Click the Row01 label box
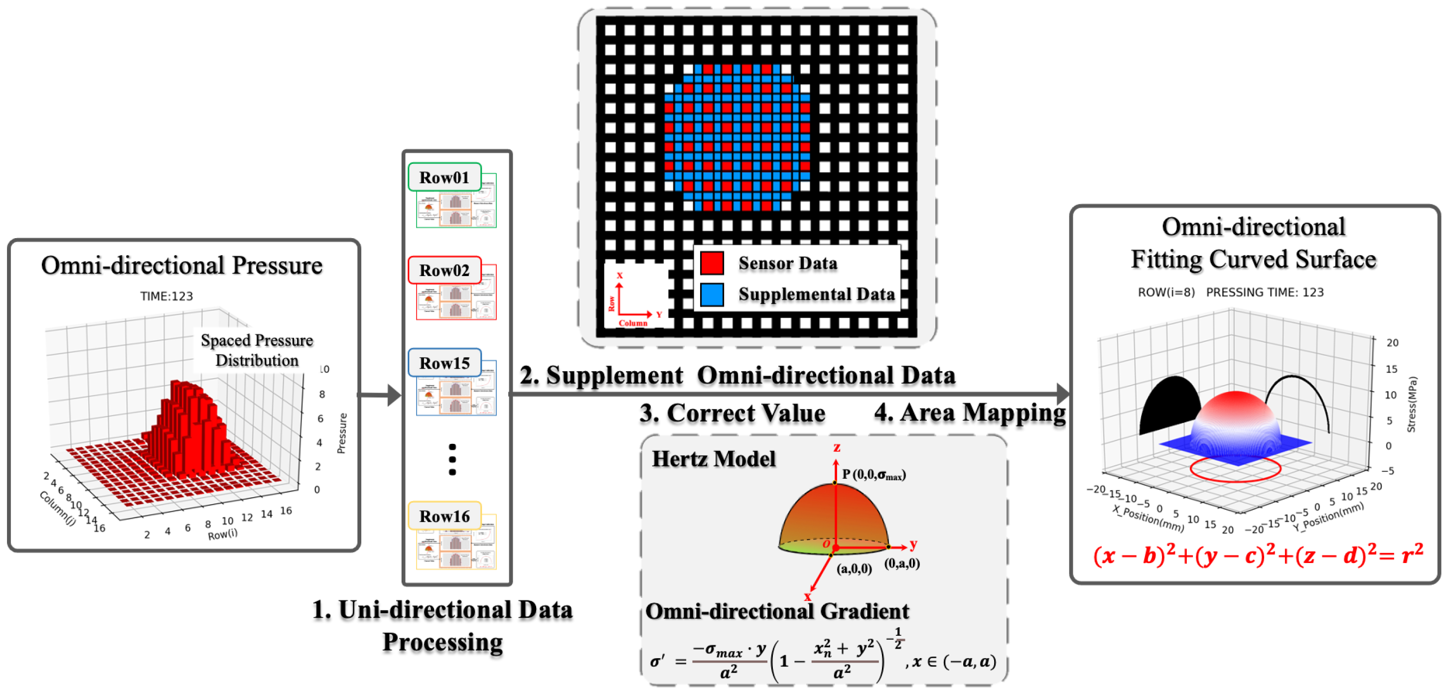point(444,177)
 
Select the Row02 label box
point(444,271)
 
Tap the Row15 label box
point(444,363)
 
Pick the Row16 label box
point(444,516)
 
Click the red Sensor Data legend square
point(712,263)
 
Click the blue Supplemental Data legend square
point(712,294)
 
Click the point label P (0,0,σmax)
point(873,475)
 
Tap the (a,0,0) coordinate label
point(854,568)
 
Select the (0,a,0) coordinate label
point(901,563)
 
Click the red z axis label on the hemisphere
point(837,447)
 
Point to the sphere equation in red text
point(1258,555)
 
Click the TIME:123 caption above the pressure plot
point(166,296)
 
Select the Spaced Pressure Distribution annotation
point(257,350)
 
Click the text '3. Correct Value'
point(732,413)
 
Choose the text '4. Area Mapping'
point(970,413)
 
